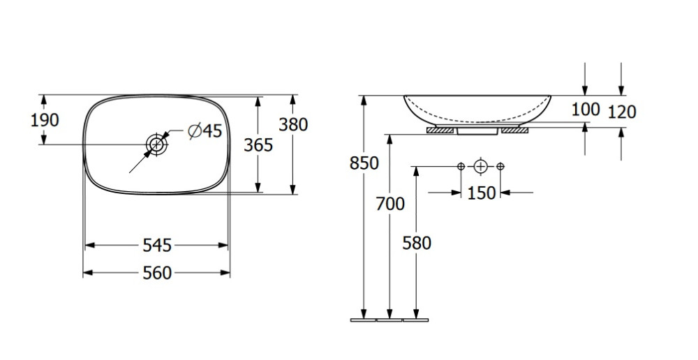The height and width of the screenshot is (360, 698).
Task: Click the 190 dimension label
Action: (x=45, y=120)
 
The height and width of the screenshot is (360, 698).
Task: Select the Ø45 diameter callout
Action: (x=205, y=130)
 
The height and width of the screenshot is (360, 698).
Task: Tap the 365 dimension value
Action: (x=258, y=145)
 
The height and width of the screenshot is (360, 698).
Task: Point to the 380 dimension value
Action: (x=293, y=124)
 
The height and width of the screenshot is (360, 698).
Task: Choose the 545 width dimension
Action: (x=156, y=246)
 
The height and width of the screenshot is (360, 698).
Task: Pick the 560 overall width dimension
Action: (x=156, y=273)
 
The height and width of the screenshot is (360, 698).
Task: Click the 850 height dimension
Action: (x=364, y=163)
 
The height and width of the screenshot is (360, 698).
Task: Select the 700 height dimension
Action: (x=389, y=204)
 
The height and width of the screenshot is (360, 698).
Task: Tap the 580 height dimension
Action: (x=417, y=243)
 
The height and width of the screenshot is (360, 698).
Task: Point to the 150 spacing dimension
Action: (x=481, y=193)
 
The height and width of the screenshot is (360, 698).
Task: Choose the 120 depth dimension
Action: (x=622, y=111)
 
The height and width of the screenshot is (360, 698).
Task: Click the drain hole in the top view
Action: (x=156, y=144)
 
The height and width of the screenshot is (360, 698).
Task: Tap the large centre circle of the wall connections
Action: (x=480, y=166)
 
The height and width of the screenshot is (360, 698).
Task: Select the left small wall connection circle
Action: (x=461, y=166)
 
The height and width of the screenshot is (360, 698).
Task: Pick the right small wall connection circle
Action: (x=500, y=166)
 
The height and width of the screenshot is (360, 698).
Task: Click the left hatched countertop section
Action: (x=441, y=130)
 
